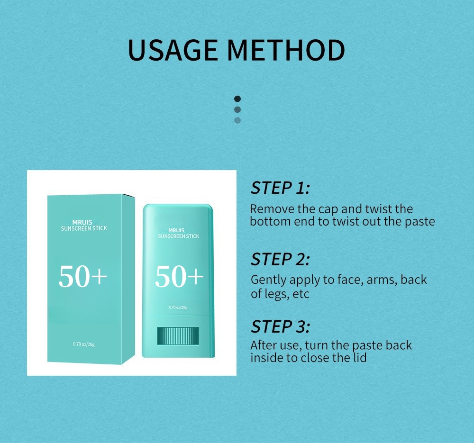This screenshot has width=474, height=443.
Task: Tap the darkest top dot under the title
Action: pos(237,99)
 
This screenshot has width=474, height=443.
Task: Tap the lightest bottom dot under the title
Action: pos(237,120)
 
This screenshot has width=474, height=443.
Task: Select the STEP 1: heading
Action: pos(280,188)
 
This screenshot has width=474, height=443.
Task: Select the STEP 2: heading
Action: pos(280,259)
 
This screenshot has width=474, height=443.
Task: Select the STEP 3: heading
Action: pos(280,326)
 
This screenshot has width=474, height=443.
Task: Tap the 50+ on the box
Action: pos(83,277)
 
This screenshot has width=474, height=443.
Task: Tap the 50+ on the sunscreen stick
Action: pos(179,277)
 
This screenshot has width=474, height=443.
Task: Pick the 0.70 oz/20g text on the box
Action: pos(84,344)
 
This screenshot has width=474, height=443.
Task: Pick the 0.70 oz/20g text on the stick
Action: pos(178,307)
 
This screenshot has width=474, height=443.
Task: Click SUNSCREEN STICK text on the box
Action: pos(84,228)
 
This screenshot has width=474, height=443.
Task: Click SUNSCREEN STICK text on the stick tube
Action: pos(178,236)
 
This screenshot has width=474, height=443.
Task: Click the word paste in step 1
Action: pos(420,221)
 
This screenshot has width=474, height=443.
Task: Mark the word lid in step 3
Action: pos(360,357)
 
